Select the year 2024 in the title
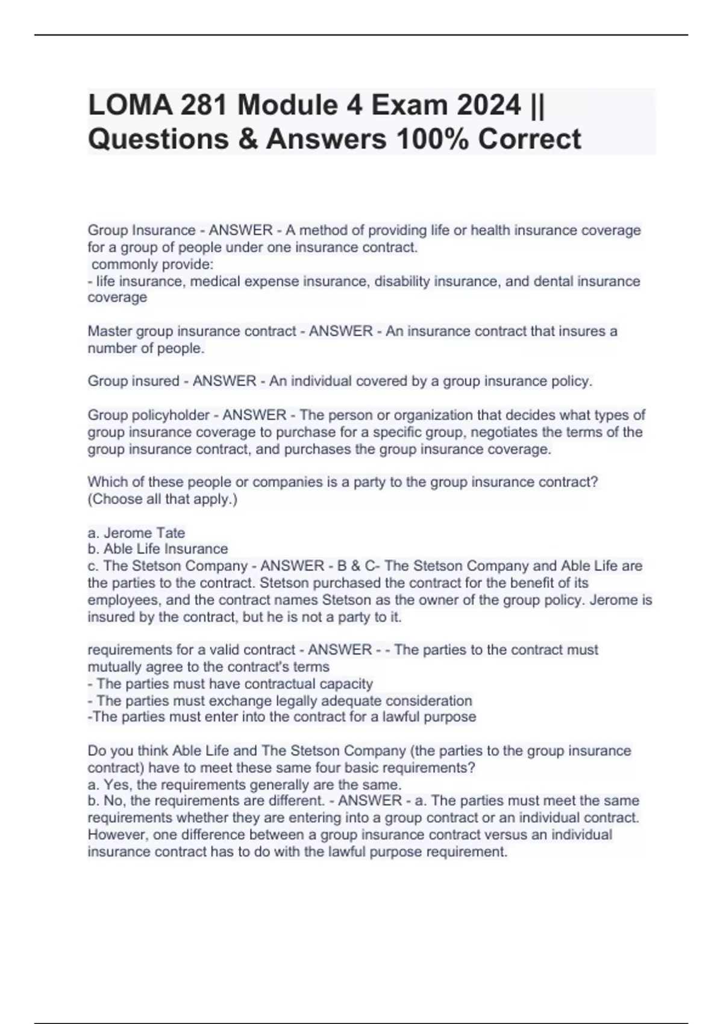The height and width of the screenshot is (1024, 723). tap(488, 106)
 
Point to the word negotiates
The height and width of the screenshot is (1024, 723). tap(510, 432)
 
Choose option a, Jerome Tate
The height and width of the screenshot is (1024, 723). tap(136, 533)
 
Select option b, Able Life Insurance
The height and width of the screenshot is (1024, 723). tap(158, 549)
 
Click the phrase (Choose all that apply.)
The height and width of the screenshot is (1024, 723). tap(163, 499)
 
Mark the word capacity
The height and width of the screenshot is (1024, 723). tap(345, 684)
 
